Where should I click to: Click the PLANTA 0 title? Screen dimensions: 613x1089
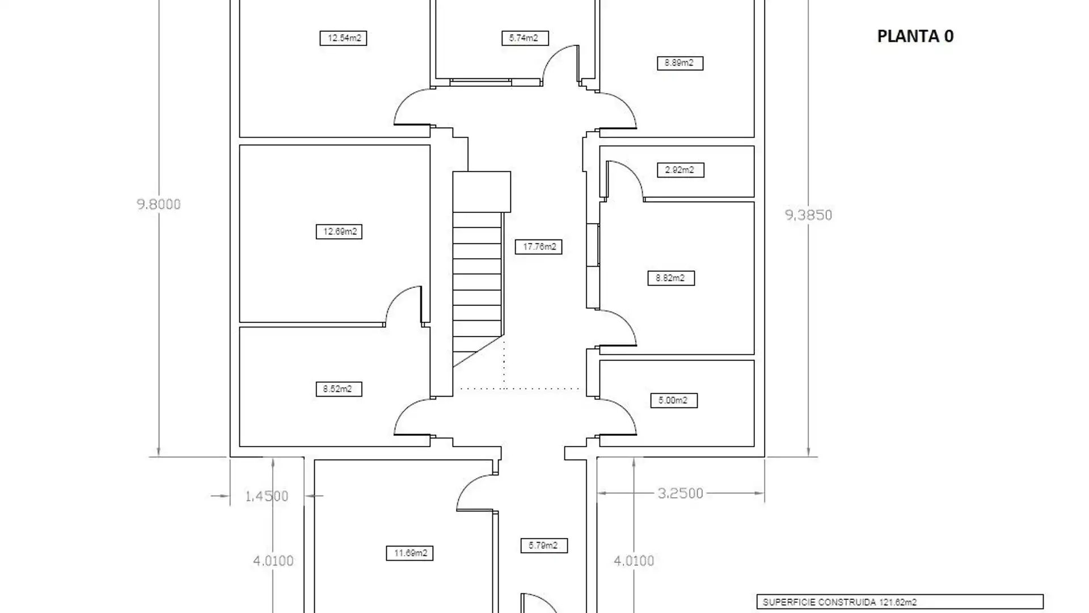click(x=915, y=36)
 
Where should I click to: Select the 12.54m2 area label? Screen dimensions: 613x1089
click(x=343, y=38)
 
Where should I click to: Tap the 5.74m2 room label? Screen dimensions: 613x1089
click(x=525, y=38)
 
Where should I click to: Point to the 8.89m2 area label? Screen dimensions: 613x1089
click(x=679, y=63)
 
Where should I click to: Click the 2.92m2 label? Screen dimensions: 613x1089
click(x=680, y=170)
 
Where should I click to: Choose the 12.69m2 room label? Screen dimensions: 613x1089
click(x=339, y=232)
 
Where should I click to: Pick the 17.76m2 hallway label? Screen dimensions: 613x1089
click(x=538, y=247)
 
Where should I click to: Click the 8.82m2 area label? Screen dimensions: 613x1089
click(x=671, y=278)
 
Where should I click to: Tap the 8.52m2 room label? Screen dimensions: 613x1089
click(x=339, y=389)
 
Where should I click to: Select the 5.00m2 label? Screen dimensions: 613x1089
click(x=673, y=401)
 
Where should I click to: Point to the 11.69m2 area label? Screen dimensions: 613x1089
click(x=410, y=553)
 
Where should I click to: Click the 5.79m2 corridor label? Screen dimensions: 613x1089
click(x=543, y=545)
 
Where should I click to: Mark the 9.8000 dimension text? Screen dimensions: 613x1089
click(x=159, y=204)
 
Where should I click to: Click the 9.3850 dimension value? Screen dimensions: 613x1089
click(x=808, y=215)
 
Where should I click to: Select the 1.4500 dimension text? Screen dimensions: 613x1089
click(x=267, y=496)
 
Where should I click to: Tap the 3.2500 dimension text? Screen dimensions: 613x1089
click(x=680, y=493)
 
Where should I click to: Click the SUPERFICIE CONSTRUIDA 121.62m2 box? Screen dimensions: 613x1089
click(x=900, y=602)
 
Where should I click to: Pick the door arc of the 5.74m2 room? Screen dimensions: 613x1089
click(x=559, y=62)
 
